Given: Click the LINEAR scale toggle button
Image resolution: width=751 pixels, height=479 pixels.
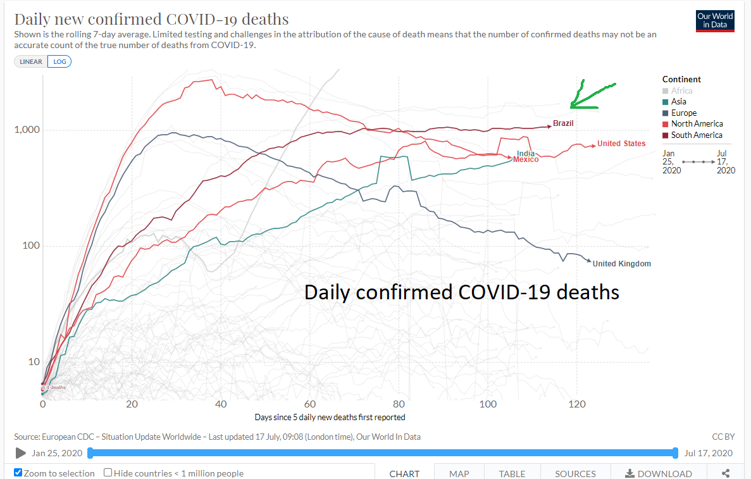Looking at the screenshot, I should click(x=31, y=61).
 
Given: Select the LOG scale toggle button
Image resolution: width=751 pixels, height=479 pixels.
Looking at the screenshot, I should click(x=59, y=61).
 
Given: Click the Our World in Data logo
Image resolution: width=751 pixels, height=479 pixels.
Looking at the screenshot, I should click(x=715, y=20).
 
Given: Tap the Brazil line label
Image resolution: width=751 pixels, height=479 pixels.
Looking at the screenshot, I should click(x=563, y=123).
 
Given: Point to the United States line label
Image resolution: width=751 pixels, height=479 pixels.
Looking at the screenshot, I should click(x=621, y=144).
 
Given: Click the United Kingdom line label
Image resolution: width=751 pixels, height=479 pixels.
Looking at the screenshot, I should click(x=621, y=264).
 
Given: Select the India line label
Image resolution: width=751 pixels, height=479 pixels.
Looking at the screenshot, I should click(x=525, y=153).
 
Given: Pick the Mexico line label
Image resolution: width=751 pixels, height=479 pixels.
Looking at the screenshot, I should click(x=526, y=159).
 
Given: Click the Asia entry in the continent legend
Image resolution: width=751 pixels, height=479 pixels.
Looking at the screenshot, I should click(x=678, y=101).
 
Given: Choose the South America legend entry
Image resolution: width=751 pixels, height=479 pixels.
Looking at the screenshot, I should click(x=696, y=135).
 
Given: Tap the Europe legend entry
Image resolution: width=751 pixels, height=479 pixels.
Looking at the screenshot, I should click(x=683, y=113).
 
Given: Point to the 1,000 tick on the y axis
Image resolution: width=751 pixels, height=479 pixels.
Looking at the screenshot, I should click(x=27, y=130).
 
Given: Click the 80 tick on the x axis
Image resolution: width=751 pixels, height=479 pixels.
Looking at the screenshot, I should click(x=399, y=404).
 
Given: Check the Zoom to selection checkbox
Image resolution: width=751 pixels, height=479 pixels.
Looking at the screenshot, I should click(x=18, y=473).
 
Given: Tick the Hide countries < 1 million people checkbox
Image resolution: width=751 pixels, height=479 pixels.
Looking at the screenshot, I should click(x=108, y=473).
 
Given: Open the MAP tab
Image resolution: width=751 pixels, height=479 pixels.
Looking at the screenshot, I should click(x=459, y=473).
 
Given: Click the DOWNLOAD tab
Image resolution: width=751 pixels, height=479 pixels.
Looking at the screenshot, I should click(x=658, y=473).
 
